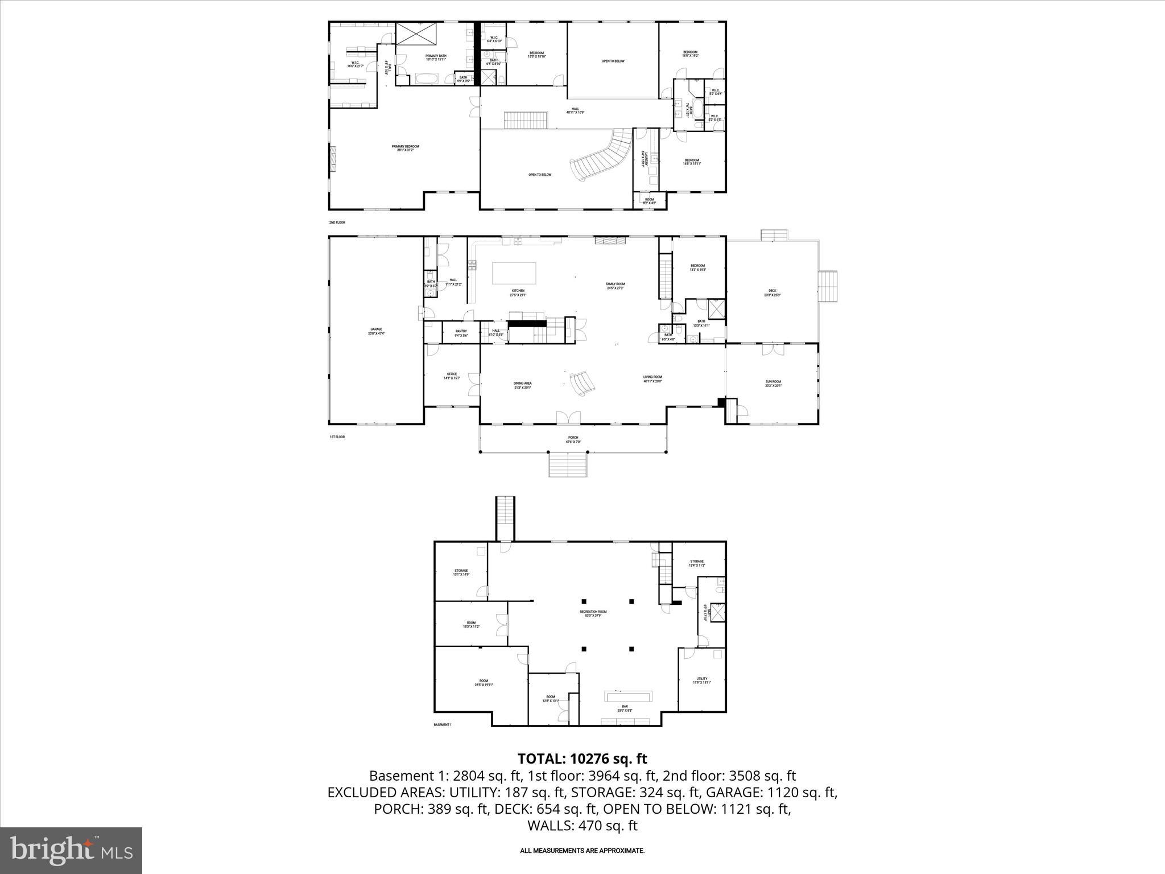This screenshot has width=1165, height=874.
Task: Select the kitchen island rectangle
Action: [x=514, y=273]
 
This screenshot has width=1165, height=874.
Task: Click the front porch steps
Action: [x=567, y=464]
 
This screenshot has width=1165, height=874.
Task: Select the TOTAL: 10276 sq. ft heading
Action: [x=582, y=758]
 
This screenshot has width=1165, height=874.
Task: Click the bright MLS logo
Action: [x=71, y=850]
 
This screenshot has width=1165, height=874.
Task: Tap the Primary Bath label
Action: [x=436, y=57]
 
